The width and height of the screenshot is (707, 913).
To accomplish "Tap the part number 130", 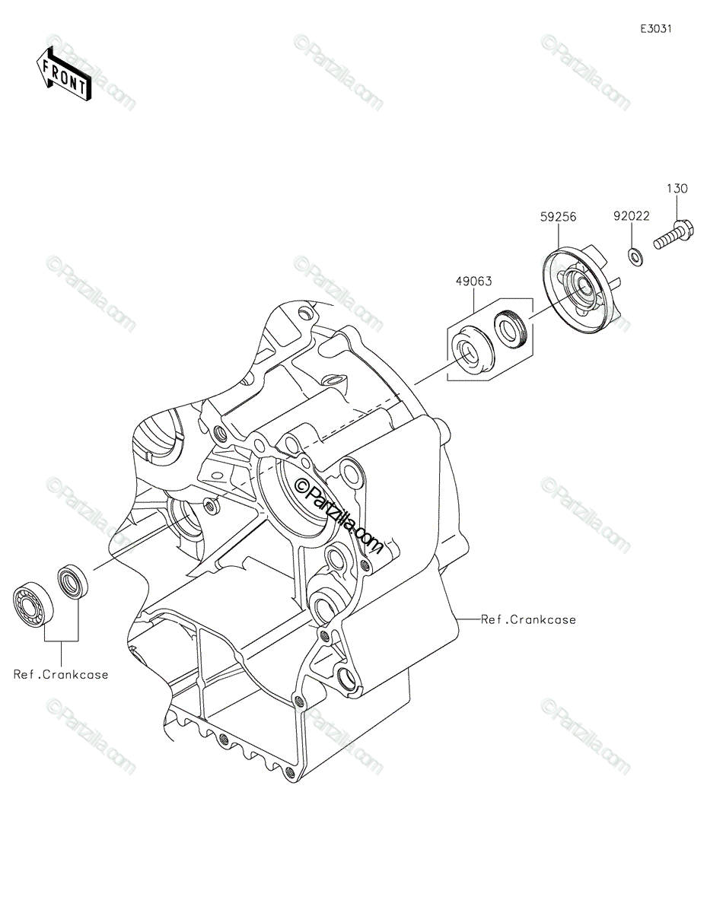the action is point(677,189).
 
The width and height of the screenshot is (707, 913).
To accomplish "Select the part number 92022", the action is point(632,216).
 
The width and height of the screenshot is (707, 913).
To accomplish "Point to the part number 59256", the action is point(558,217).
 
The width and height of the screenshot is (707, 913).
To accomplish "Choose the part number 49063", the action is point(473,281).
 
